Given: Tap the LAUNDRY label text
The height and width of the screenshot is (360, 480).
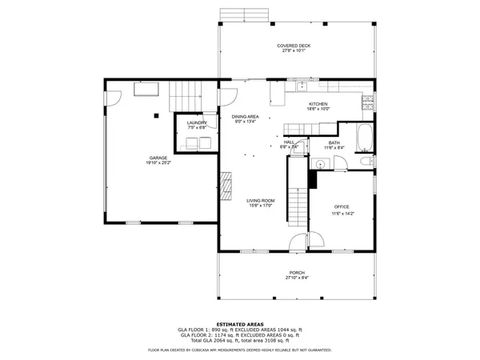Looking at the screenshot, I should [197, 122].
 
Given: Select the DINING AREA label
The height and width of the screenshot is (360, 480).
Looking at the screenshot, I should [245, 117].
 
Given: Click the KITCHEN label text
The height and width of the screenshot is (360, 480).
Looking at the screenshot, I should [319, 104].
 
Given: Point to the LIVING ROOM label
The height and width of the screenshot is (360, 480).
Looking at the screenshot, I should [260, 200].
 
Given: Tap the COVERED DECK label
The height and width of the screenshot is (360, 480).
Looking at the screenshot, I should [294, 46].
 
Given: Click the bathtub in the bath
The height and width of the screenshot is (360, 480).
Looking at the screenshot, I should [364, 139].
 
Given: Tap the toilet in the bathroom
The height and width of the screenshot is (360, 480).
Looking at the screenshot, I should [366, 162].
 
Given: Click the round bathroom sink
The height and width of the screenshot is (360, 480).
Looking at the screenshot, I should [319, 163].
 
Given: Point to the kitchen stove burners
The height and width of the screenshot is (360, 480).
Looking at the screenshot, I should [368, 101].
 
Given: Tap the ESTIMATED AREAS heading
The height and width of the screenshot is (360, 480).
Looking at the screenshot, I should [239, 322].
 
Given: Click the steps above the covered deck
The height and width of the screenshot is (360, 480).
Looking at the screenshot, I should [242, 14].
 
